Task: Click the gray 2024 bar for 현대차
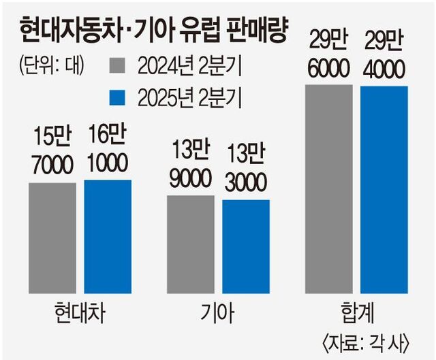[52, 238]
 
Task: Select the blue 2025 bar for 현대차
[108, 236]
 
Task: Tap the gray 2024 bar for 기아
[190, 244]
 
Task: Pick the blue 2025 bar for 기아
[245, 246]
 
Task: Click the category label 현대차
[80, 314]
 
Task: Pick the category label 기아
[218, 314]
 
